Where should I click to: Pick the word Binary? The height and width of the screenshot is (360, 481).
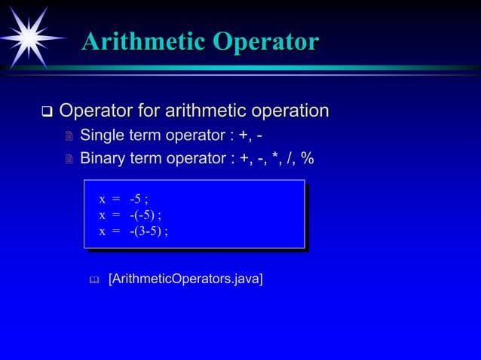point(103,159)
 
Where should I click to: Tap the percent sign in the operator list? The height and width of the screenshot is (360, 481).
point(308,159)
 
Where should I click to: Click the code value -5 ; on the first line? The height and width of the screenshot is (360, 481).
point(138,200)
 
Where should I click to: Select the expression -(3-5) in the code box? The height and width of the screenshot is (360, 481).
point(148,231)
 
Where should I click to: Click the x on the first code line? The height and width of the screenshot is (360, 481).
point(102,200)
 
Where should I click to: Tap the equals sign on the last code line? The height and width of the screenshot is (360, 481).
point(116,231)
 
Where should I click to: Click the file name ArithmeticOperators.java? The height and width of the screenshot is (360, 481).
point(185,280)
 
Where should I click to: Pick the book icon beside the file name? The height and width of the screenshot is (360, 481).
point(93,281)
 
